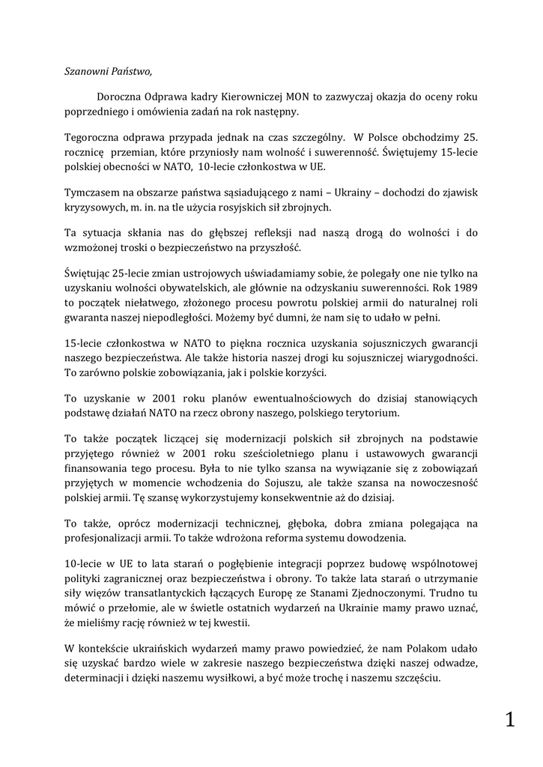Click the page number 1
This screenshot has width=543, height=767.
[510, 721]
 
